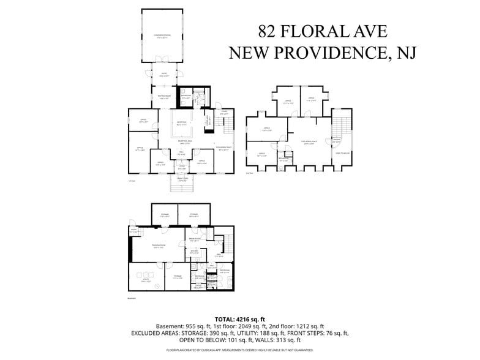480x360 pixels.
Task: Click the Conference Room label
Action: tap(162, 36)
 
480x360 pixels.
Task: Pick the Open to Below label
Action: tap(342, 153)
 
